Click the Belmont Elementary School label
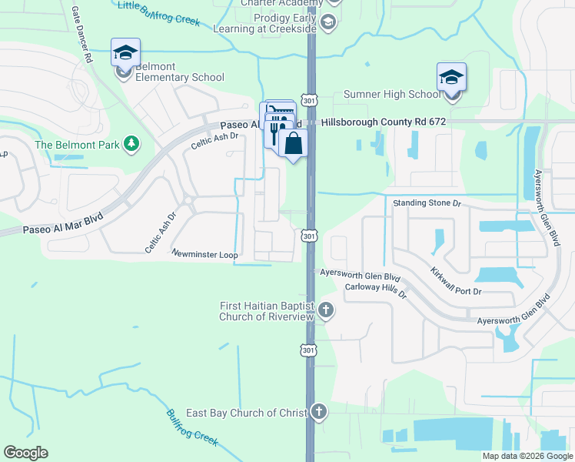coord(180,72)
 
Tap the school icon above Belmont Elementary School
coord(125,53)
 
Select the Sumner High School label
coord(392,95)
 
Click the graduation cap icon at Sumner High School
coord(451,78)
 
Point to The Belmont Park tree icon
coord(131,144)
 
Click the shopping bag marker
coord(293,143)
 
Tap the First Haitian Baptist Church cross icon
coord(326,311)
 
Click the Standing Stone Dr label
coord(427,203)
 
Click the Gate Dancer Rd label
coord(81,35)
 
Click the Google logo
coord(26,452)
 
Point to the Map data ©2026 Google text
coord(527,456)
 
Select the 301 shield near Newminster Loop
coord(309,236)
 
